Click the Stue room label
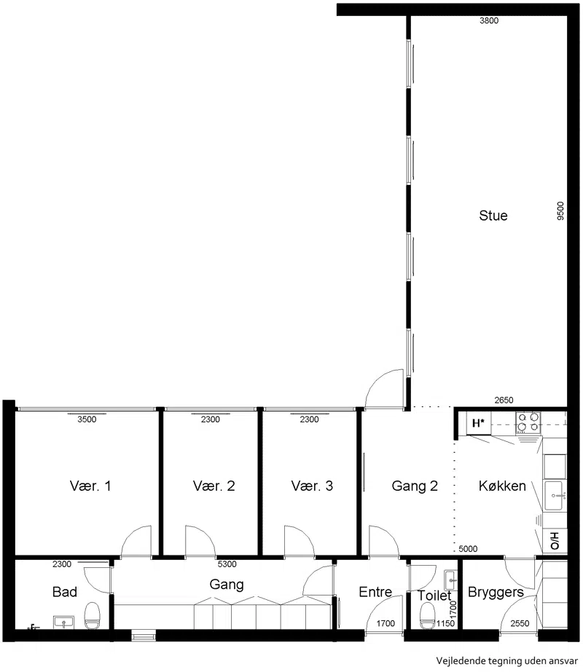493,216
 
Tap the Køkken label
502,486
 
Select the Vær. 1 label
90,486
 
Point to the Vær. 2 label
214,486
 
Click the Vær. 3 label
312,486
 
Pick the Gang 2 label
415,486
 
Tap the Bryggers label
496,593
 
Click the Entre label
375,592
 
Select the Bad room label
64,592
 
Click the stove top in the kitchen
528,422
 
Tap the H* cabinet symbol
478,423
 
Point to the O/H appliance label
555,541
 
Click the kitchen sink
555,495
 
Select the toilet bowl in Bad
92,615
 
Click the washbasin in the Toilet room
451,580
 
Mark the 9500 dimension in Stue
560,211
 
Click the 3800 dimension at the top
489,20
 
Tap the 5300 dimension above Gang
227,564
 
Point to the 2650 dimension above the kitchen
504,400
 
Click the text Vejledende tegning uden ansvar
506,660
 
